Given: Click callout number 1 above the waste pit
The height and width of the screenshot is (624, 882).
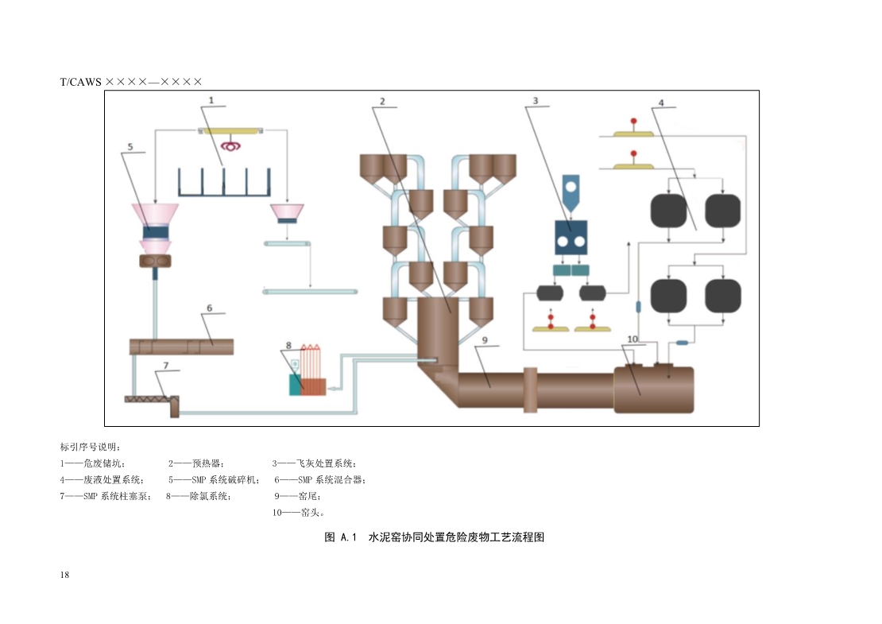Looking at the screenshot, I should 212,101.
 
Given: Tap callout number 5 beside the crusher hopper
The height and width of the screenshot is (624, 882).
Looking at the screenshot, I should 130,147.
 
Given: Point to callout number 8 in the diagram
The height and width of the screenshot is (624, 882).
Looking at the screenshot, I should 288,346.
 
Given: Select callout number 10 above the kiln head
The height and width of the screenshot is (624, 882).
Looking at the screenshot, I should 632,339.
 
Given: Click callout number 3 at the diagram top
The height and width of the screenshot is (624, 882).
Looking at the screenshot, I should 536,101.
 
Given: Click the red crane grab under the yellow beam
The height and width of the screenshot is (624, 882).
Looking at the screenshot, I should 232,145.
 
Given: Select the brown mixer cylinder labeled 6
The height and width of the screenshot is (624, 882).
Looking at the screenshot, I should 181,347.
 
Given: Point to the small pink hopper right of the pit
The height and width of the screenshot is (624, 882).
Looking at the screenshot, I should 288,213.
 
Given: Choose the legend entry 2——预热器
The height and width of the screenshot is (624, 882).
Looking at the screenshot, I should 196,463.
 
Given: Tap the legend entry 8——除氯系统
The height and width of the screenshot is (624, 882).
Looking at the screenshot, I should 199,497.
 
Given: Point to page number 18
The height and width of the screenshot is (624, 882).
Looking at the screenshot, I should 64,575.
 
